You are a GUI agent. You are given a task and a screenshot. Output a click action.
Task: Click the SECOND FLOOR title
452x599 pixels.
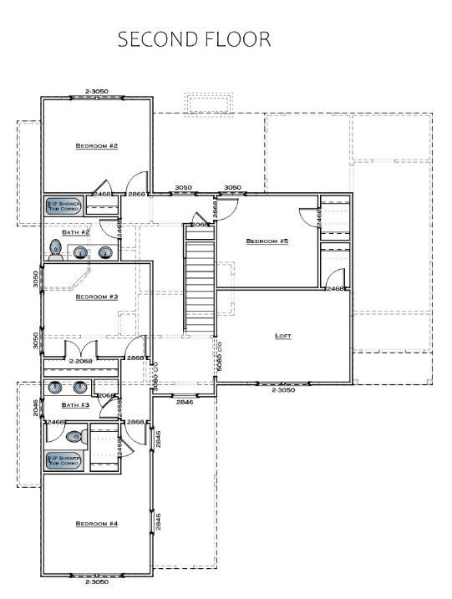pos(194,39)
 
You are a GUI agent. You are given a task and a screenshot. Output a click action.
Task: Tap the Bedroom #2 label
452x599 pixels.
pos(97,146)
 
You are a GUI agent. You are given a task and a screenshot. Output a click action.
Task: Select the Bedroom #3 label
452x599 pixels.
pos(97,297)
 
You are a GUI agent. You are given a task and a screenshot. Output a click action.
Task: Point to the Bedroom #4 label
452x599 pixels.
pos(97,524)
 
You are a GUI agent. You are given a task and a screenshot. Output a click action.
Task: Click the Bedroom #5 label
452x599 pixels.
pos(267,241)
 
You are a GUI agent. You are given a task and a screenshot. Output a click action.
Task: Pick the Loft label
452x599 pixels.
pos(283,337)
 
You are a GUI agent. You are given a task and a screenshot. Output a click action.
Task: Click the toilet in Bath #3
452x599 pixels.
pos(75,435)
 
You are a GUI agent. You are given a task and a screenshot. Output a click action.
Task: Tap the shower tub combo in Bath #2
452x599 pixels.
pos(64,206)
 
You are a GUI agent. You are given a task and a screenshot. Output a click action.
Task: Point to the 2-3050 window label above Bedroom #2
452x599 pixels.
pos(97,90)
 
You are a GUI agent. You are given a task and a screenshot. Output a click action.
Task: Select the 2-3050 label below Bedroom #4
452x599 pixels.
pos(97,583)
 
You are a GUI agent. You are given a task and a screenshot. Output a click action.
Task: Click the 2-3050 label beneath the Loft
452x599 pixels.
pos(283,390)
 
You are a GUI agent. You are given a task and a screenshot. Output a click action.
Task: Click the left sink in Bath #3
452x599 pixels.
pos(55,387)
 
